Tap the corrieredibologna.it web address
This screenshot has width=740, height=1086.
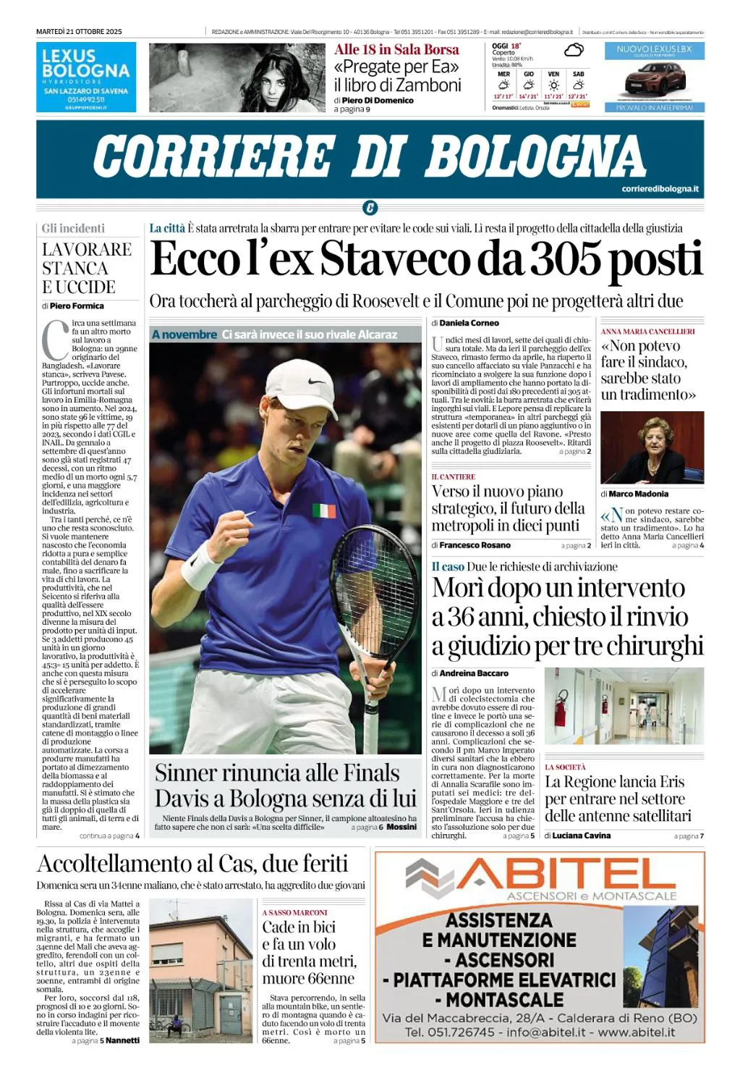[660, 189]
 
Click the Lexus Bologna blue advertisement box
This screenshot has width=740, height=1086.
[86, 77]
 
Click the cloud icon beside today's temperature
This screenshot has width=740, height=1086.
[574, 50]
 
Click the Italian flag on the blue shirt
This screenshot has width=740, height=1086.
[324, 510]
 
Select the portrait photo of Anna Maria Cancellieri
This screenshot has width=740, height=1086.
[652, 447]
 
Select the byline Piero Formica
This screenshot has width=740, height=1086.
[77, 306]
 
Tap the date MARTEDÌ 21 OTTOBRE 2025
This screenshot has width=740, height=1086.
[79, 32]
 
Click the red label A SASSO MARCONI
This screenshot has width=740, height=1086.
[294, 912]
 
